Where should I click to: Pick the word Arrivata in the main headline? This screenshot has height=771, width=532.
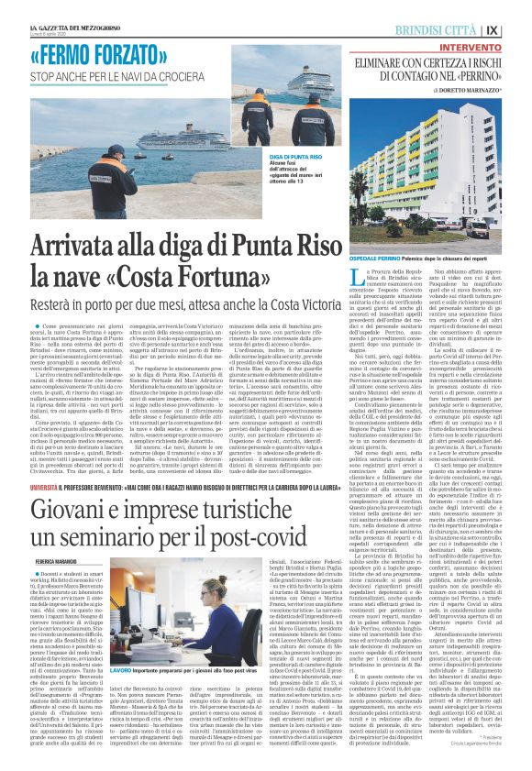pyautogui.click(x=81, y=248)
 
